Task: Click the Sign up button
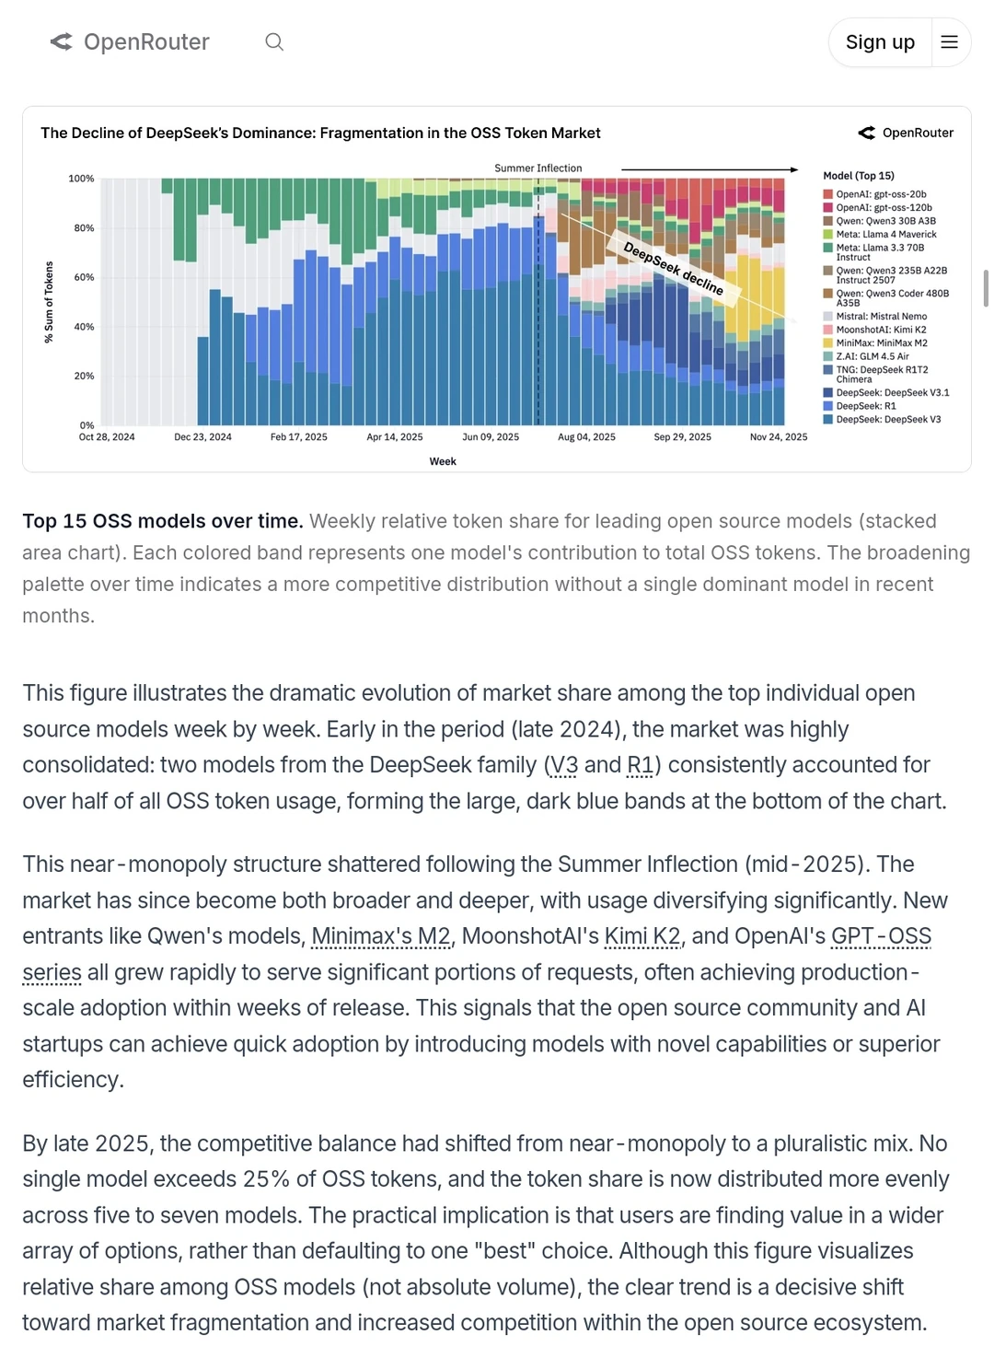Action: pos(880,42)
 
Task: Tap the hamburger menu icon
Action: pos(950,42)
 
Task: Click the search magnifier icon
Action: pos(274,42)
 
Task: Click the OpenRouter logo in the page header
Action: pos(130,42)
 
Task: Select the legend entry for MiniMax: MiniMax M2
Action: pos(881,343)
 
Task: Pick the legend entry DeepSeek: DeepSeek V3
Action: pos(887,420)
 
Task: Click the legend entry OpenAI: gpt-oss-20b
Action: pos(880,194)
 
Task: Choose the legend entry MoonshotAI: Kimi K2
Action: pos(881,330)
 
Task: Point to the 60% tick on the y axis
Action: pos(84,277)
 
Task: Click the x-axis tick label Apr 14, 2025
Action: pos(395,437)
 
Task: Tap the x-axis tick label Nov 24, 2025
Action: pos(779,437)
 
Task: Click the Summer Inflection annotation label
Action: pos(538,168)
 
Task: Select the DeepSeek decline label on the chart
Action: pos(674,268)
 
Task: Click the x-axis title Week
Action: pos(443,461)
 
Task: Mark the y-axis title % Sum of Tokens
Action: pos(49,302)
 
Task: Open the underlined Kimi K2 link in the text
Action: pos(642,936)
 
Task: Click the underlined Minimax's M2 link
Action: pos(381,936)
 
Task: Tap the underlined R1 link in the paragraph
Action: pos(640,765)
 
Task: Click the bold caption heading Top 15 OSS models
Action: pos(162,521)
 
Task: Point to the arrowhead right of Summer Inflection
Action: pos(794,169)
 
